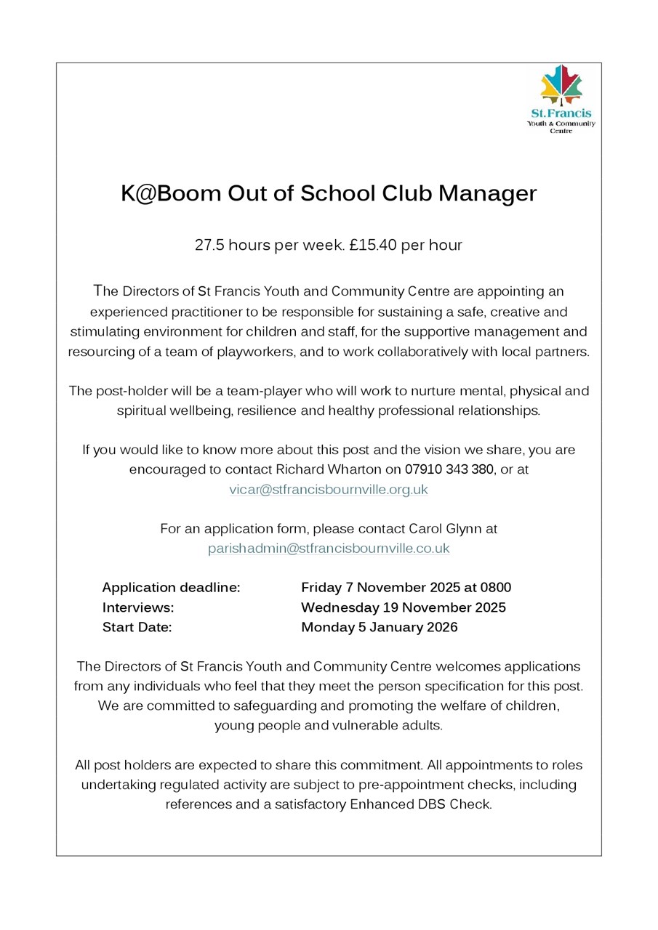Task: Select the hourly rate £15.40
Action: [372, 246]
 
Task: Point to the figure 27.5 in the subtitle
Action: [209, 246]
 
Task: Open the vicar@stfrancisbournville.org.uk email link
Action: [329, 490]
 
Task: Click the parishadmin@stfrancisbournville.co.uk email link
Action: [329, 549]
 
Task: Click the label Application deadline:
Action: [171, 587]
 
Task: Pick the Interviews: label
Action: [138, 607]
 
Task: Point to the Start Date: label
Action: [137, 627]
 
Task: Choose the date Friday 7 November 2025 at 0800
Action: [406, 587]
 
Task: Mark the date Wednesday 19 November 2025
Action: [404, 607]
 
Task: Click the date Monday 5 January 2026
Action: [380, 627]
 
